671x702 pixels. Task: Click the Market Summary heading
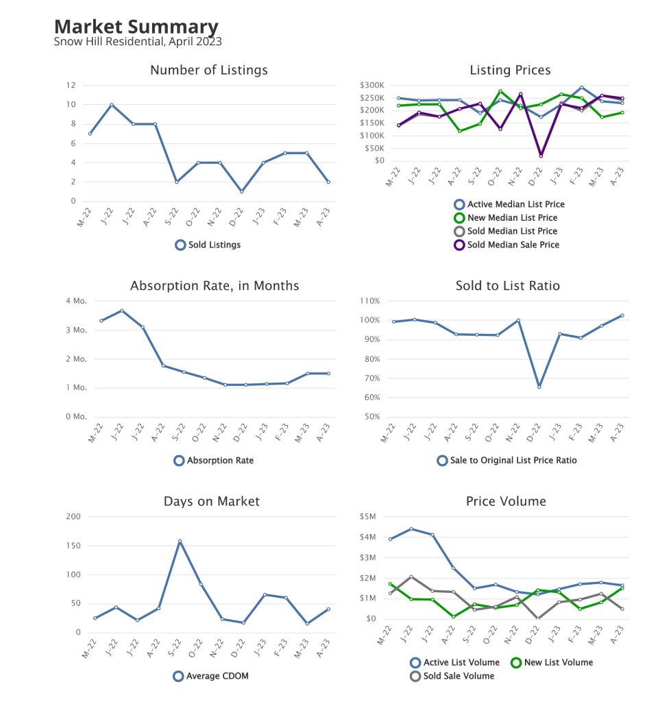click(x=136, y=27)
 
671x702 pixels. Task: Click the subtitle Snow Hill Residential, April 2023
click(x=137, y=41)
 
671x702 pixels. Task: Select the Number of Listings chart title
click(x=208, y=70)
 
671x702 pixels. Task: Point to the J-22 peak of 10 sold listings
click(x=111, y=105)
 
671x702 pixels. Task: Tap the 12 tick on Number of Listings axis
click(x=71, y=85)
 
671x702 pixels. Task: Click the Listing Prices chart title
click(x=510, y=70)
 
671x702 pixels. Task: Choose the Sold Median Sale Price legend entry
click(x=513, y=245)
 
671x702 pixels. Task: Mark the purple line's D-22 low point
click(x=541, y=156)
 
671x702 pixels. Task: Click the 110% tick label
click(x=370, y=301)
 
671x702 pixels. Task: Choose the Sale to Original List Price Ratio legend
click(x=513, y=461)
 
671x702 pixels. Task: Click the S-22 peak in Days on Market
click(x=180, y=542)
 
